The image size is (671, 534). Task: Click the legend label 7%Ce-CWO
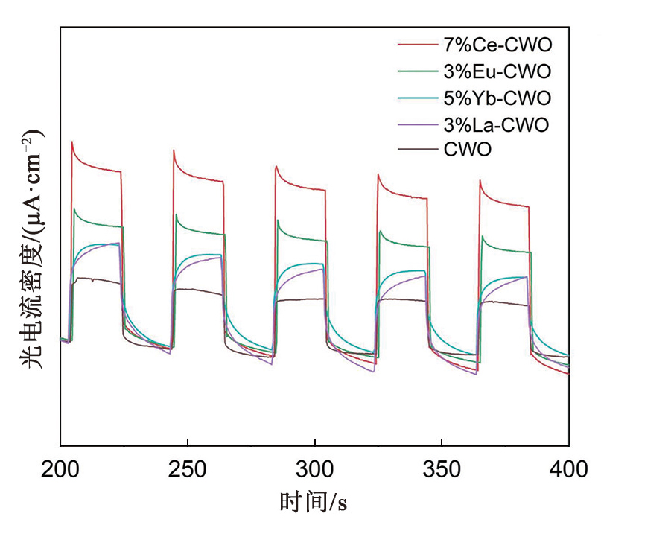click(x=498, y=46)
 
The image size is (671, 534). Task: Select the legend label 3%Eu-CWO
click(x=497, y=72)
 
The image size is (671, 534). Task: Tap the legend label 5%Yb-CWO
click(x=497, y=98)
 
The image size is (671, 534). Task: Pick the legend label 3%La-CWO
click(x=497, y=124)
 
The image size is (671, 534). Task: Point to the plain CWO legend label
click(x=468, y=150)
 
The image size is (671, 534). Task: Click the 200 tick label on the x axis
click(x=60, y=469)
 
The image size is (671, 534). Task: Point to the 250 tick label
click(x=188, y=469)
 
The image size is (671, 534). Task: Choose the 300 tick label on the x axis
click(x=314, y=469)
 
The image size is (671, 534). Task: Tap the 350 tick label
click(x=442, y=469)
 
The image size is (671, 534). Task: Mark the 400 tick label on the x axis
click(x=569, y=469)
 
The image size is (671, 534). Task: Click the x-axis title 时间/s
click(x=314, y=502)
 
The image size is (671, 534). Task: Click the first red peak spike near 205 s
click(x=71, y=142)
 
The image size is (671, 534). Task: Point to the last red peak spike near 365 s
click(x=480, y=180)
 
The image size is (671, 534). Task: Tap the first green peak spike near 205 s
click(x=74, y=209)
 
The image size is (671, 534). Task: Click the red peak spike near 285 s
click(x=276, y=166)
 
